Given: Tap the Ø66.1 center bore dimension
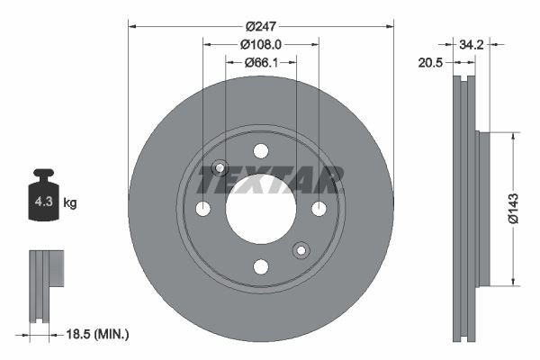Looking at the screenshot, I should point(261,62).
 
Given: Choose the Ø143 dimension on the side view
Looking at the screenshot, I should point(512,208).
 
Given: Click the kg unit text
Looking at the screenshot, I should point(70,204).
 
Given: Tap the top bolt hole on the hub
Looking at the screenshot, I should point(261,150).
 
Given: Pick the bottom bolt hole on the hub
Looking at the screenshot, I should point(261,266).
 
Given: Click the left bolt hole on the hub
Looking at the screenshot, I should point(202,209).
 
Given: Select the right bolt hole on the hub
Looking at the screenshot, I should point(319,209).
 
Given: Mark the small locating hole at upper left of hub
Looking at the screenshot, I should point(219,167).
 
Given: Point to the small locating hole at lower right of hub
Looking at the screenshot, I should point(301,249).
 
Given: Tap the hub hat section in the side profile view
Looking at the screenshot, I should point(481,209).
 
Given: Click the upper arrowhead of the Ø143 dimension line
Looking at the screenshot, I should point(512,137).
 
